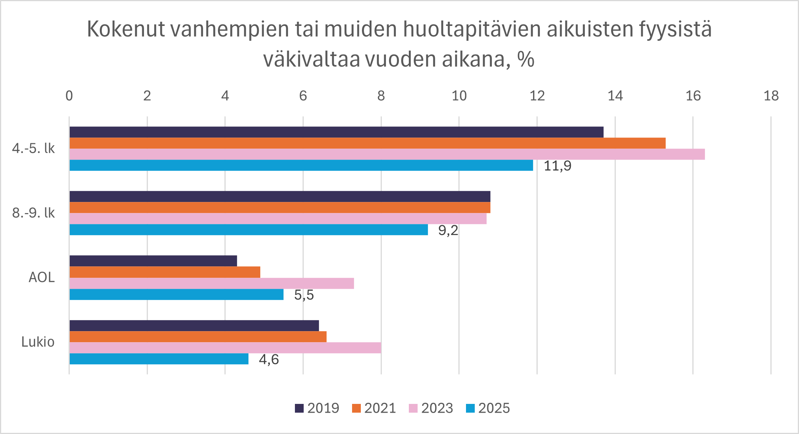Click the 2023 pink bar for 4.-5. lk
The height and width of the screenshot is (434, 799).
click(x=387, y=154)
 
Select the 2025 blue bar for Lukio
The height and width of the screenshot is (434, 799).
click(x=159, y=359)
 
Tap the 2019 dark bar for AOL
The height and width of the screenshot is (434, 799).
click(x=153, y=261)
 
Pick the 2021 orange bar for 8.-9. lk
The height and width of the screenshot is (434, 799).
click(x=280, y=208)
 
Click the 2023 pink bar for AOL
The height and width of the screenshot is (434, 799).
click(x=211, y=283)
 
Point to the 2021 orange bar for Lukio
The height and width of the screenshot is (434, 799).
click(x=198, y=337)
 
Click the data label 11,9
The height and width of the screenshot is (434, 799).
click(x=557, y=166)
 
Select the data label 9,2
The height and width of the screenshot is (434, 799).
click(x=448, y=231)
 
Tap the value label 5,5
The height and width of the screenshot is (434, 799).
click(x=304, y=295)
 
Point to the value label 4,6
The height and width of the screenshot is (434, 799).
click(x=269, y=360)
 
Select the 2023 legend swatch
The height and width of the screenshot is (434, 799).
click(x=413, y=408)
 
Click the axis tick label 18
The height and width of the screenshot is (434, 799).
click(x=771, y=96)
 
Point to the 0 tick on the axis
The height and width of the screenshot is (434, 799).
click(x=69, y=96)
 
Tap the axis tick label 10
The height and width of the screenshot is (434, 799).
click(x=459, y=96)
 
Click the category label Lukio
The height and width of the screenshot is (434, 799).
click(x=38, y=342)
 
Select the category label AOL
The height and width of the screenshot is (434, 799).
click(x=42, y=277)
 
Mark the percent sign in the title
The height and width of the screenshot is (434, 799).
click(x=526, y=59)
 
